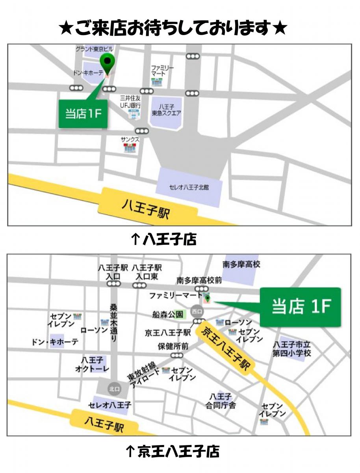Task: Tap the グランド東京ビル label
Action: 94,49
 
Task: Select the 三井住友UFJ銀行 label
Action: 131,101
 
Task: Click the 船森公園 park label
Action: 168,314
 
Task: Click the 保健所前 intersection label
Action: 173,346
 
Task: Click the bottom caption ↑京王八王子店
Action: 172,451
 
